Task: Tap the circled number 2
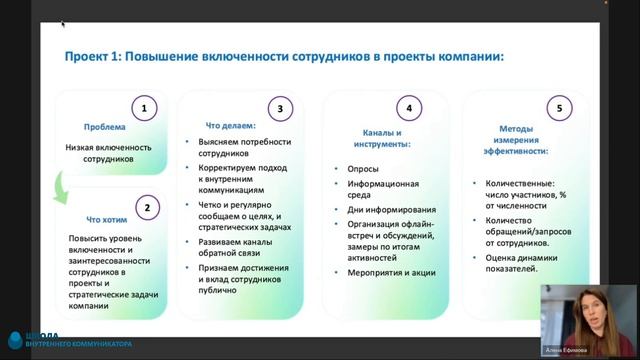click(x=146, y=208)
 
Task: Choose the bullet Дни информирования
click(x=383, y=209)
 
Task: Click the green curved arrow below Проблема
click(x=63, y=188)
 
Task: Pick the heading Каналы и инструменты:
click(x=388, y=138)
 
